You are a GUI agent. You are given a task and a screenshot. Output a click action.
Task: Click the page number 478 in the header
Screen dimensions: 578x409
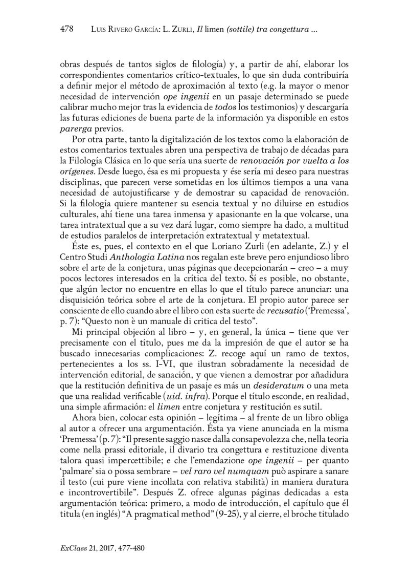click(x=67, y=29)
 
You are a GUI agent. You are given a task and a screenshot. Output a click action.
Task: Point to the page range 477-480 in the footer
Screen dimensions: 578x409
click(x=131, y=548)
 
